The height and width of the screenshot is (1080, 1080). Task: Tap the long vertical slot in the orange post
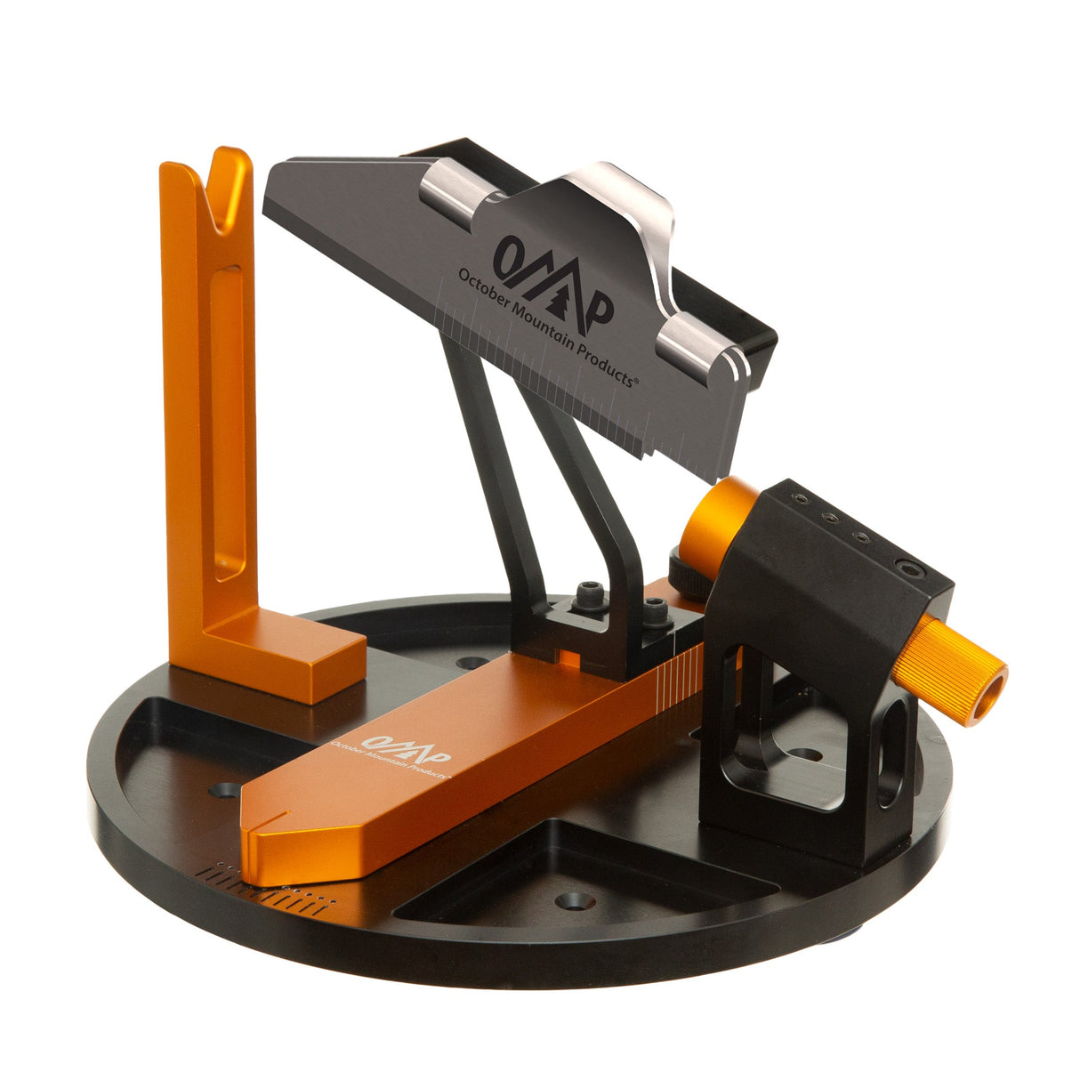pyautogui.click(x=229, y=418)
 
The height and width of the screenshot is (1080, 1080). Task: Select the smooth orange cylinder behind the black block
pyautogui.click(x=716, y=520)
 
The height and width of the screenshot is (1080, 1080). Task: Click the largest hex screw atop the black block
pyautogui.click(x=908, y=566)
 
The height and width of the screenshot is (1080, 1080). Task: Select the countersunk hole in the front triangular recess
pyautogui.click(x=575, y=901)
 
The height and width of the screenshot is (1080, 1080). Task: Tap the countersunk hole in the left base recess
pyautogui.click(x=224, y=789)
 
